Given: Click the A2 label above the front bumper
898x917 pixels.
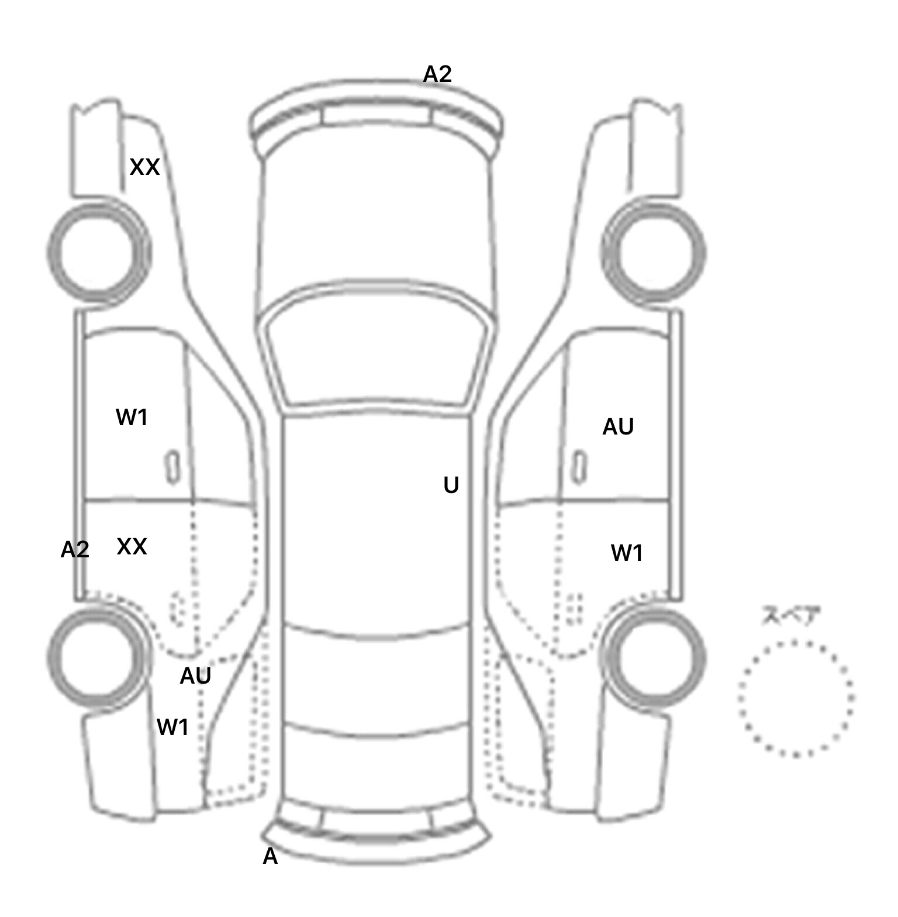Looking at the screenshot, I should point(437,74).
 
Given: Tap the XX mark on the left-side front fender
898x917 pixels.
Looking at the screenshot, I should point(144,167).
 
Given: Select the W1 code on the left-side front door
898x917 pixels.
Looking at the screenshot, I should point(132,418).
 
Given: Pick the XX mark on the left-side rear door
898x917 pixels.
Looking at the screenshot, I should point(132,546).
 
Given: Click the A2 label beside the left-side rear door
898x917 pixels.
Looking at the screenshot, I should point(75,549).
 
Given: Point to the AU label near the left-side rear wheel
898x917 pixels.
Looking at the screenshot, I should point(195,676).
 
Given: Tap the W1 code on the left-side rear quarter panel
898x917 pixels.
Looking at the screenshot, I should point(172,728).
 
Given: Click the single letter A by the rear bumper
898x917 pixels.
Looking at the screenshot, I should point(270,856).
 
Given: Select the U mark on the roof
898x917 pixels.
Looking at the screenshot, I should point(451,485).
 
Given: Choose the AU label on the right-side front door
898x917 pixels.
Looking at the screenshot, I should point(618,427).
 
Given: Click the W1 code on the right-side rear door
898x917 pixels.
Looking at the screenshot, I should point(627,553).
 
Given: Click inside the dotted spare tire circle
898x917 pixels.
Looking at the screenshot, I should point(796,698).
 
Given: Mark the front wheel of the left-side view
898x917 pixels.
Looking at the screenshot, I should point(98,253).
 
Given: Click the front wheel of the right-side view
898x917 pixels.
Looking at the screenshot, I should point(654,253).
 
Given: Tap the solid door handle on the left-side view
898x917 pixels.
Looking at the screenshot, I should point(172,467).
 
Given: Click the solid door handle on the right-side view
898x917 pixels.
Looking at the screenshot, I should point(579,467).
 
